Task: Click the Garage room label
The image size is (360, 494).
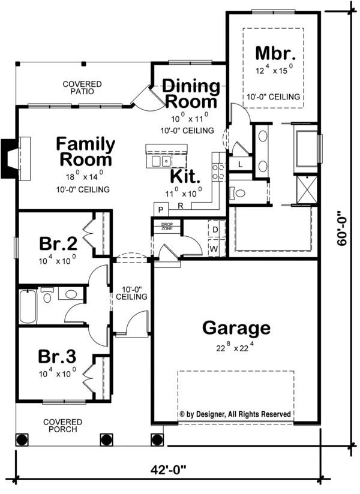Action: point(236,328)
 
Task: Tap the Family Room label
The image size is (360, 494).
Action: point(85,152)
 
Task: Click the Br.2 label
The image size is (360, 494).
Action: point(58,244)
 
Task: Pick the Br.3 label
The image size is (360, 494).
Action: point(58,357)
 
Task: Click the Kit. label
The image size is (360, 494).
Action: point(185,176)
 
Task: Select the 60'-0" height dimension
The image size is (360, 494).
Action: point(343,240)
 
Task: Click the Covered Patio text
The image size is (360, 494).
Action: point(82,89)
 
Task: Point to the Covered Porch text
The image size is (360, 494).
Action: point(62,426)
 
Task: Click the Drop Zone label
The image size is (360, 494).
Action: point(166,226)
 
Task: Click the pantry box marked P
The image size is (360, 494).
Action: point(161,209)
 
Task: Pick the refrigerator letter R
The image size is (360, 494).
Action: point(180,206)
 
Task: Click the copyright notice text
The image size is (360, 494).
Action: point(235,414)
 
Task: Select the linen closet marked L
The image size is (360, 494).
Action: point(240,164)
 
